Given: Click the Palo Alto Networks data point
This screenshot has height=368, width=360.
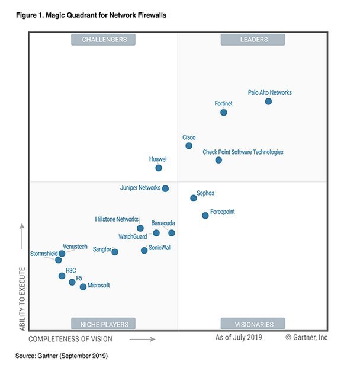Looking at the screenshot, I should (268, 101).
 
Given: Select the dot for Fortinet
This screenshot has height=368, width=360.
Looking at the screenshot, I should (224, 112).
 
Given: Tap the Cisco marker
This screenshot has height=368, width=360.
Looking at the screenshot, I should (188, 146).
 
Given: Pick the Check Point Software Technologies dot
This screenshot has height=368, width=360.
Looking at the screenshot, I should (218, 160).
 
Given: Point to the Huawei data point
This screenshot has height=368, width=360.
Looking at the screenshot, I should (159, 168).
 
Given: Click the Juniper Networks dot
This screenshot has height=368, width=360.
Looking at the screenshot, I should (165, 188).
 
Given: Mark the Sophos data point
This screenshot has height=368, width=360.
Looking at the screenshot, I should (194, 198).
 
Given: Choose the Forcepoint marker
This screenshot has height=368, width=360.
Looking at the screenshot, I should (205, 215).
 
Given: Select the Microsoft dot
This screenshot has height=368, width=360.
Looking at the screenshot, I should (83, 287).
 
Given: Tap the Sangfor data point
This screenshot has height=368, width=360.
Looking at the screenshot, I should (115, 252).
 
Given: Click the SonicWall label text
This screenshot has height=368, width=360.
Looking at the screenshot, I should (160, 247).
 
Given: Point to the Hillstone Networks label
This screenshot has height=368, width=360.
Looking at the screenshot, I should (117, 219).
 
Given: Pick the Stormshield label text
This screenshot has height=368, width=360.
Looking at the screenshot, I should (44, 254).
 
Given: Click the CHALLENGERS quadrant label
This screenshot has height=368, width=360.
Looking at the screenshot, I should (104, 40).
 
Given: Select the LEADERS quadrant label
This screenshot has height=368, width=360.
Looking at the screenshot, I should (253, 40).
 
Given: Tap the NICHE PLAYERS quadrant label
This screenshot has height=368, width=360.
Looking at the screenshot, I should (104, 324).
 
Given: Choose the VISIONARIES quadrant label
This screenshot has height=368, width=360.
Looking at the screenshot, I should (253, 324).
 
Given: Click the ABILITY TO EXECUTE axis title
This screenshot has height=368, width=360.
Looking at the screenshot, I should (22, 298).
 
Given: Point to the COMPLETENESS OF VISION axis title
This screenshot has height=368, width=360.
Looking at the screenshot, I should (70, 339).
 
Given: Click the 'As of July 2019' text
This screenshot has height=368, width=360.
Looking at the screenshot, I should (239, 337).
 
